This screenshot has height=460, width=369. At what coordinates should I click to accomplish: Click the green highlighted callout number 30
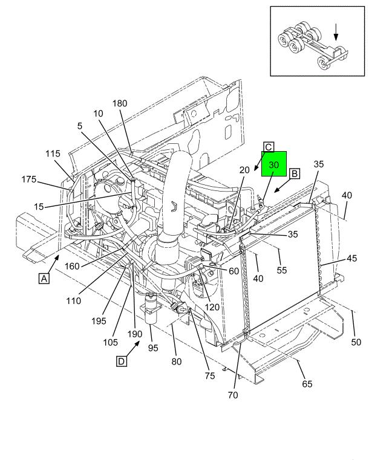273,164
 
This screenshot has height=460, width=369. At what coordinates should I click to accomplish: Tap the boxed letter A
43,279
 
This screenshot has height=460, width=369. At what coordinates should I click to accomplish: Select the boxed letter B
295,174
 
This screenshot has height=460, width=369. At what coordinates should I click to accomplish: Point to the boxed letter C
269,146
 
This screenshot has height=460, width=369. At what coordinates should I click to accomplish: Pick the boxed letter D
122,361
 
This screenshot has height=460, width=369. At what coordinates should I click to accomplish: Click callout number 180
119,103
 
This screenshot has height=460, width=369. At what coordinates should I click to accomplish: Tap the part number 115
53,154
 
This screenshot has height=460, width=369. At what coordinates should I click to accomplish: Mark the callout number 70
233,395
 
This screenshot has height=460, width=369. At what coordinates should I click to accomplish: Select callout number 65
307,384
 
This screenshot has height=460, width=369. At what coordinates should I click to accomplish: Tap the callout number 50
356,343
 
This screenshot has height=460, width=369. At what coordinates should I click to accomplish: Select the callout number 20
244,170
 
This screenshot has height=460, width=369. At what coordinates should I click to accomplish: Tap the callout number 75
209,376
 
